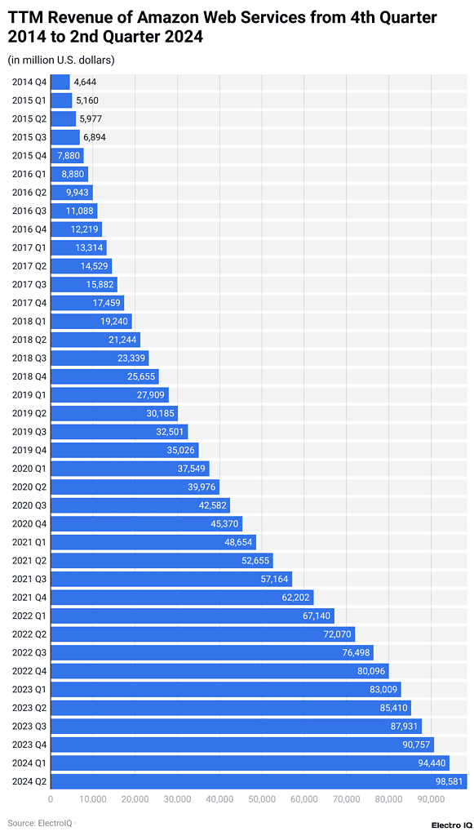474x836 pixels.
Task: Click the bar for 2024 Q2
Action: pyautogui.click(x=258, y=780)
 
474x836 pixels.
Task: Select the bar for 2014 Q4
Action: pyautogui.click(x=60, y=82)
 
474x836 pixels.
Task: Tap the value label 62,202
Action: pyautogui.click(x=295, y=597)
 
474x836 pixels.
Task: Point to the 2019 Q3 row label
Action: pyautogui.click(x=29, y=431)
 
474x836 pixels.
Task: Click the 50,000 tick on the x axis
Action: pyautogui.click(x=261, y=800)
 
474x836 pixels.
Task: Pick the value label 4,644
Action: pyautogui.click(x=86, y=82)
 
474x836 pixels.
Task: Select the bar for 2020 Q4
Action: pyautogui.click(x=146, y=523)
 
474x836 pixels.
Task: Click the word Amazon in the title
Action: pyautogui.click(x=178, y=18)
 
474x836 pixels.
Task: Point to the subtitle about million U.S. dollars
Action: pyautogui.click(x=61, y=60)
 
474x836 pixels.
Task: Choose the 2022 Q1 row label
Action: pyautogui.click(x=29, y=616)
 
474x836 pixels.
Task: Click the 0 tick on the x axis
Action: pyautogui.click(x=51, y=800)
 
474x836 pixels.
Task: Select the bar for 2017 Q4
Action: pyautogui.click(x=87, y=303)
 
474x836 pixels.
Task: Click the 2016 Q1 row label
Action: pyautogui.click(x=29, y=174)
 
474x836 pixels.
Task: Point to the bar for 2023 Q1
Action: pyautogui.click(x=225, y=689)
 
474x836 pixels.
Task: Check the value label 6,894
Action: pyautogui.click(x=95, y=137)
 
